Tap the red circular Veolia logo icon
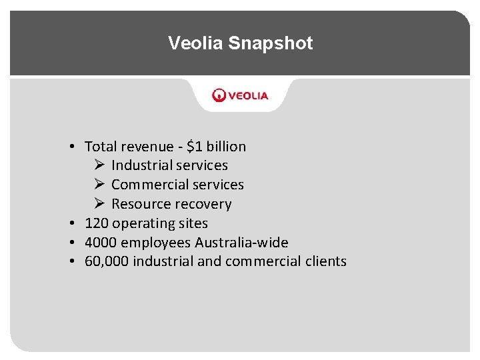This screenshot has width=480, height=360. pos(219,95)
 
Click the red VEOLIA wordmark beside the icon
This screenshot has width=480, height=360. pos(249,95)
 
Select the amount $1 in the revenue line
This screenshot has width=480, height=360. pos(196,147)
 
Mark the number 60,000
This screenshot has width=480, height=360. pos(107,261)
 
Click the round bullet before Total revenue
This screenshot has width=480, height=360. pos(70,147)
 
